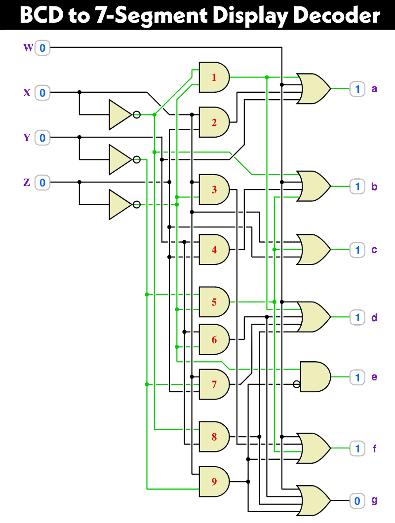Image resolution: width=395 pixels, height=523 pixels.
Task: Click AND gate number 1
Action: point(214,77)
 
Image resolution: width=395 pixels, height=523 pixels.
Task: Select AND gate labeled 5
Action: point(214,301)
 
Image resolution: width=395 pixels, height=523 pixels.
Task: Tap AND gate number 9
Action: point(214,481)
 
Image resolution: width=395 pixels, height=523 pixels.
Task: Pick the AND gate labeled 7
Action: point(214,384)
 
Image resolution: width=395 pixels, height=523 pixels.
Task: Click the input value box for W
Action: point(42,48)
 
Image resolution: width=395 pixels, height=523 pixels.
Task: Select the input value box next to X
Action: point(42,93)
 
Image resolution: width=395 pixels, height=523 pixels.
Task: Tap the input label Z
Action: point(27,183)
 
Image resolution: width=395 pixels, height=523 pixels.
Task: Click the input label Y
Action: point(27,138)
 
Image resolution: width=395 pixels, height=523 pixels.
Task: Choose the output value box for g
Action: point(357,501)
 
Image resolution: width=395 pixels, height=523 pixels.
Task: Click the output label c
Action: point(374,250)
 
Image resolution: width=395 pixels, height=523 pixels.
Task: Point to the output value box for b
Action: point(357,187)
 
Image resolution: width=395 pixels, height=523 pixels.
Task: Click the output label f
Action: point(374,449)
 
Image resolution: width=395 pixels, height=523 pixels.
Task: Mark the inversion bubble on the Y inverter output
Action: point(137,159)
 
